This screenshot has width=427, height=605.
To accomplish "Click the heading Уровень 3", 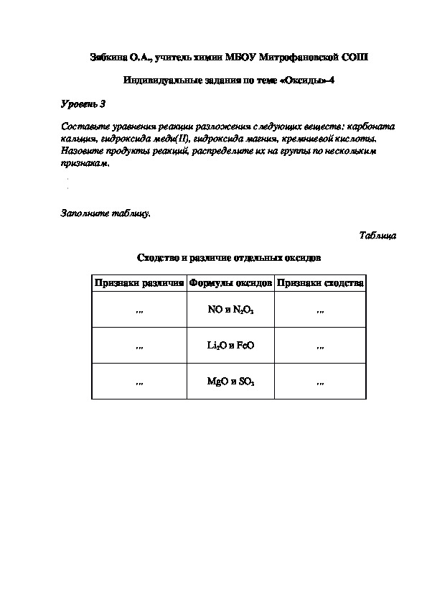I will (83, 104).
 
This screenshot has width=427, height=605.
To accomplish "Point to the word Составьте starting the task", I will (83, 126).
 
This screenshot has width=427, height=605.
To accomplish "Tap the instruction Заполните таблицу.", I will (105, 213).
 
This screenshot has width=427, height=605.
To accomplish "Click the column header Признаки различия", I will (139, 283).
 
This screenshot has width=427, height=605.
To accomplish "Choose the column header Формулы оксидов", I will (230, 283).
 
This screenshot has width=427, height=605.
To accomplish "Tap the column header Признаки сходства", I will (321, 283).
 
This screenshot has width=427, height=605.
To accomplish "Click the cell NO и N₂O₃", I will (230, 310).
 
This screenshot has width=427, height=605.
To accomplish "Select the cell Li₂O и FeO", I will (230, 346).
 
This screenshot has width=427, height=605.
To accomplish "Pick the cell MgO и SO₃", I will (230, 382).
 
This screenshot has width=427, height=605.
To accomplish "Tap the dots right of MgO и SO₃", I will (321, 382).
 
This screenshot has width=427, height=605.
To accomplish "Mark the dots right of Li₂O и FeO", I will (321, 346).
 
